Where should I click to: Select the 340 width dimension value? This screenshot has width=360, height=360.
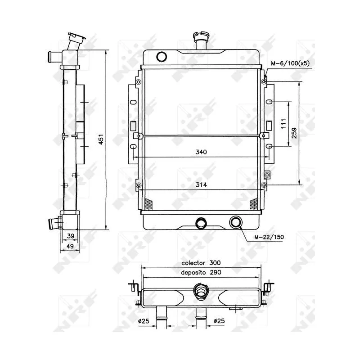(201, 153)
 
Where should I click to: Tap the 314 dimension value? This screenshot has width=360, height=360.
(201, 185)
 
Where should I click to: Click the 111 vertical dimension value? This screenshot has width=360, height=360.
(283, 123)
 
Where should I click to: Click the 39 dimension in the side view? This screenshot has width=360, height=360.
(70, 236)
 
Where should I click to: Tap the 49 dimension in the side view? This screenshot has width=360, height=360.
(70, 246)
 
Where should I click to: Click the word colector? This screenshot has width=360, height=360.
(193, 262)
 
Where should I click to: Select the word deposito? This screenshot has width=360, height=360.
(194, 272)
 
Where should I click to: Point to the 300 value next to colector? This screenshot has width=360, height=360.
(215, 262)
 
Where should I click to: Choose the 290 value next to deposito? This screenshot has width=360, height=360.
(215, 272)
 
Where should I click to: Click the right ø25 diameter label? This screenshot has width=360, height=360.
(218, 321)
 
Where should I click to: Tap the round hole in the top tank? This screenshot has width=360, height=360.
(161, 56)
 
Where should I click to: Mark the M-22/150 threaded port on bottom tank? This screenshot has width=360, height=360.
(235, 222)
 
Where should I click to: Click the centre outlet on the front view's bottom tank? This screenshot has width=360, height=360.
(200, 222)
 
